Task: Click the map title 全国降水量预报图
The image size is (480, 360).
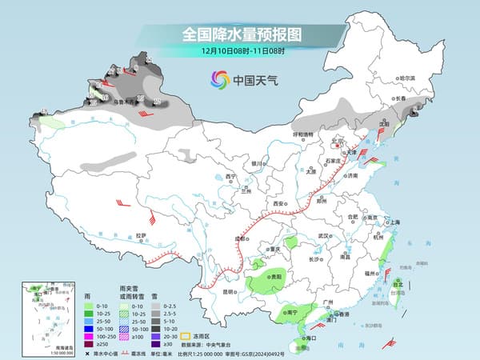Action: [x=241, y=35]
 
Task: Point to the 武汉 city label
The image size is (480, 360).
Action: [x=323, y=235]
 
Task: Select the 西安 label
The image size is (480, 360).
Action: [x=278, y=205]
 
